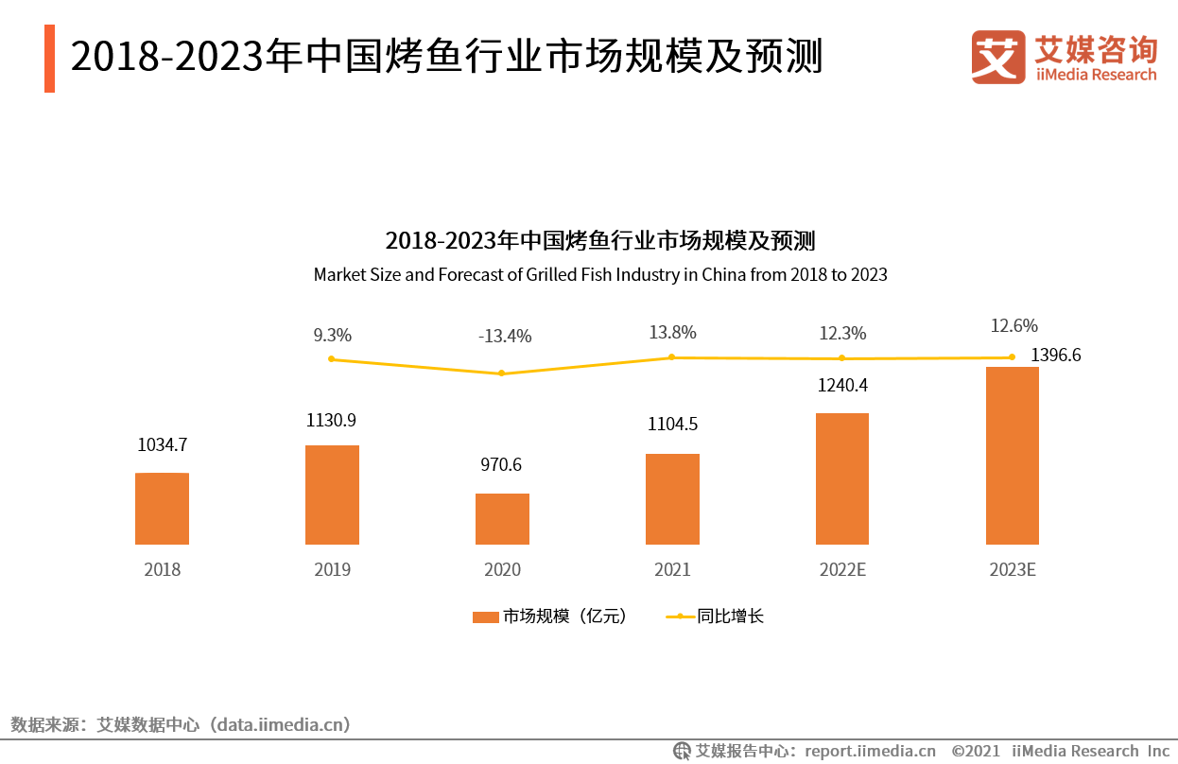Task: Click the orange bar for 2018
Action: tap(162, 509)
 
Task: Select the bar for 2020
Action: tap(502, 519)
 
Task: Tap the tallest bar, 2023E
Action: tap(1012, 456)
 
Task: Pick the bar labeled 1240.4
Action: tap(841, 478)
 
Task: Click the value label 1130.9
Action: tap(331, 421)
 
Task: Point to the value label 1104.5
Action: tap(671, 425)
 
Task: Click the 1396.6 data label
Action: tap(1055, 356)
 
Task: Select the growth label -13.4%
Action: tap(504, 336)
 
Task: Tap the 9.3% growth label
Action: tap(332, 335)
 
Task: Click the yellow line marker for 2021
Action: tap(671, 356)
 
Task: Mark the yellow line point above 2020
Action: tap(502, 373)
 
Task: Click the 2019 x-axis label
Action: tap(332, 570)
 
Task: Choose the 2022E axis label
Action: tap(841, 570)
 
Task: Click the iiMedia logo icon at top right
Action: tap(997, 57)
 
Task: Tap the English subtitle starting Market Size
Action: tap(600, 275)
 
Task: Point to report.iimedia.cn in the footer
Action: tap(869, 751)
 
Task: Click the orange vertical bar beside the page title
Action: tap(49, 59)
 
